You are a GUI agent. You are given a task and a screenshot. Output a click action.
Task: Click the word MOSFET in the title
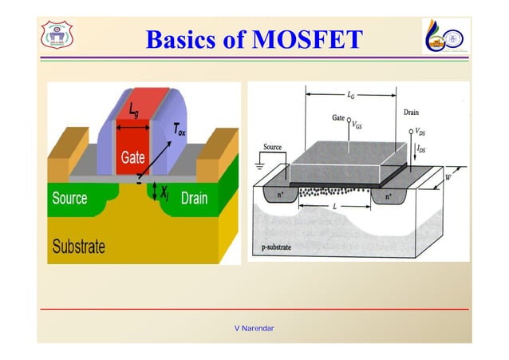307,40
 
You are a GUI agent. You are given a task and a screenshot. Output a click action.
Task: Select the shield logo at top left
57,36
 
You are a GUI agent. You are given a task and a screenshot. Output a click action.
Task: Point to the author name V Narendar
254,328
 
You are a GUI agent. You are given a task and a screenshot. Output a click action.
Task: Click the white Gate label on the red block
132,158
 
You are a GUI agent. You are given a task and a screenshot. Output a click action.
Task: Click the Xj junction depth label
164,192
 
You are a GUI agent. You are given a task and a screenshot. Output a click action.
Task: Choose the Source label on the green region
69,198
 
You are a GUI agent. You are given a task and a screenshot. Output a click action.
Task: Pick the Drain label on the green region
195,198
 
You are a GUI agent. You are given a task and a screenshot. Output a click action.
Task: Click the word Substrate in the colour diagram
79,246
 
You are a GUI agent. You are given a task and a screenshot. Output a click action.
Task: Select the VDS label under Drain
420,132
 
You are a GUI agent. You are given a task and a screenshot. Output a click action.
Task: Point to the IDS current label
420,148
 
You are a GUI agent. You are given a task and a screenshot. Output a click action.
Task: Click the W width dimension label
447,177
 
